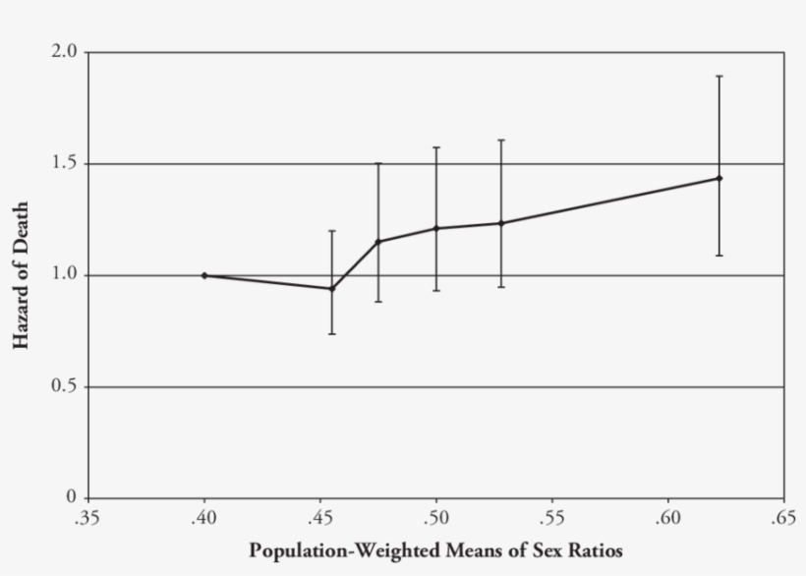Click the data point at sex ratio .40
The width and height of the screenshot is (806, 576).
coord(204,275)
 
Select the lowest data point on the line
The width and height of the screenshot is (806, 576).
coord(332,289)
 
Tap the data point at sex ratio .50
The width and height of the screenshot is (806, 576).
coord(436,229)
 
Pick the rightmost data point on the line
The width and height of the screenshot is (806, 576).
coord(720,178)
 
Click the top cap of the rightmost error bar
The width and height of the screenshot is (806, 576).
coord(720,76)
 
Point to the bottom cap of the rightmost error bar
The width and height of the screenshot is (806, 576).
coord(720,256)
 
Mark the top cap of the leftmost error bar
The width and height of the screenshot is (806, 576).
coord(332,231)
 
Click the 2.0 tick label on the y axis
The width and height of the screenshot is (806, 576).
coord(64,52)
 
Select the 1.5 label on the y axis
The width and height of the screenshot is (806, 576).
coord(64,163)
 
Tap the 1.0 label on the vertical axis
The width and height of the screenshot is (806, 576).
coord(64,275)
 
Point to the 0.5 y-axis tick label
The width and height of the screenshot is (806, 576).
coord(64,387)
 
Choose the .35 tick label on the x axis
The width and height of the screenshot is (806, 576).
coord(87,517)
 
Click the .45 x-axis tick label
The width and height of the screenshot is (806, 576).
coord(319,517)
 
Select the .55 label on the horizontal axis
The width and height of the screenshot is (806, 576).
coord(551,517)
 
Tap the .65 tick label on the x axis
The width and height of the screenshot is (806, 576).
coord(783,517)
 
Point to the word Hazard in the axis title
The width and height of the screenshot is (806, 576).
coord(21,311)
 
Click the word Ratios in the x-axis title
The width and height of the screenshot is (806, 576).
coord(596,549)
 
